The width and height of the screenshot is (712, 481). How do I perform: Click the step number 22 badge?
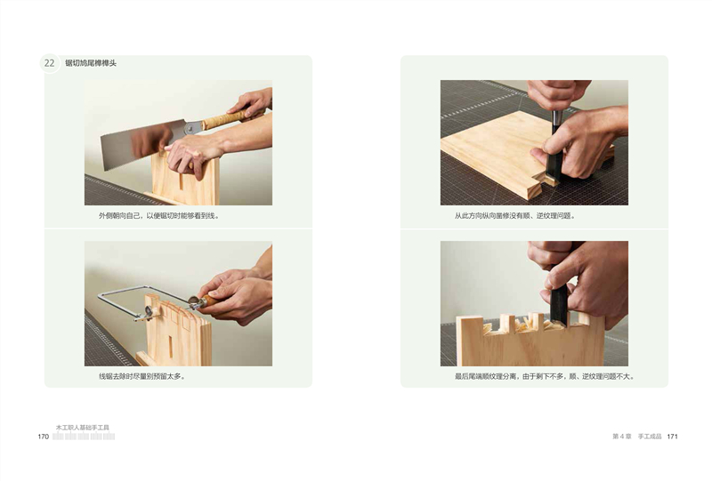tap(50, 63)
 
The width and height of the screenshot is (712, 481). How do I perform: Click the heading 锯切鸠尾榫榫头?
tap(91, 63)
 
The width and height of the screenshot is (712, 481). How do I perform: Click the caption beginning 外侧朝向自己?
tap(159, 216)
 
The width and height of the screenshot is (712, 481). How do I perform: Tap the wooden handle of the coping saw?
tap(210, 301)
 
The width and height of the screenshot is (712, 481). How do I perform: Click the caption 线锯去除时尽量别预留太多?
tap(142, 377)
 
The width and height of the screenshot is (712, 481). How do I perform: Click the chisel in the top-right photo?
tap(555, 149)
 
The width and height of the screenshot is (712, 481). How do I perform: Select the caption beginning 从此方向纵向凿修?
tap(515, 216)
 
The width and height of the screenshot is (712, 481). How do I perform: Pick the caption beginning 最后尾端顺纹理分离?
tap(545, 377)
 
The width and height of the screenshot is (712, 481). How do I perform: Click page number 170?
tap(43, 437)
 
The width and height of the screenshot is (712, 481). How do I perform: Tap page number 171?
tap(673, 437)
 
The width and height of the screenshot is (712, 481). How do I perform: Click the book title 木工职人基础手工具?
tap(83, 428)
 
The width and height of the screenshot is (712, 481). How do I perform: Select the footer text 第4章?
tap(621, 437)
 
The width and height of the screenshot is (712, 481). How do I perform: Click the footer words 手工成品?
tap(650, 437)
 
